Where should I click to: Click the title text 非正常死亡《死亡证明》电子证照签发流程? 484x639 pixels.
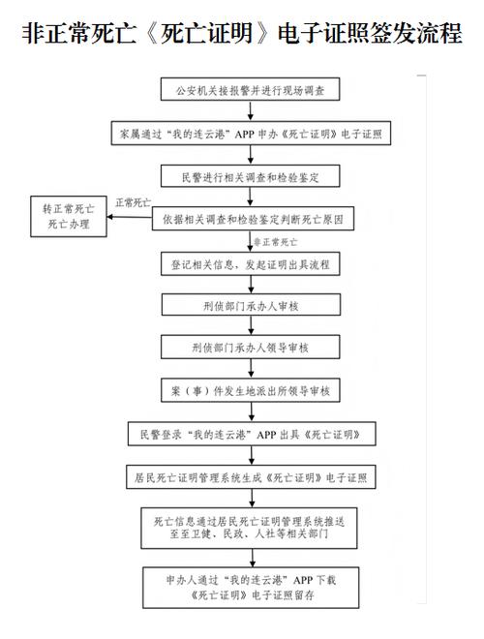click(241, 34)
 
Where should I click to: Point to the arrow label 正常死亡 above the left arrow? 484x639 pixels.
click(133, 203)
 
